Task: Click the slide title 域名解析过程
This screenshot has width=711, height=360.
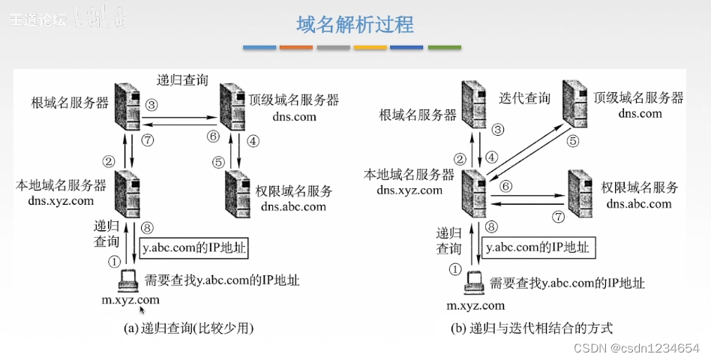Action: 355,24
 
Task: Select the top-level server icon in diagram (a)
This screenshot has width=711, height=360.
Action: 230,103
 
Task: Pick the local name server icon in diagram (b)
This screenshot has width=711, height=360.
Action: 474,190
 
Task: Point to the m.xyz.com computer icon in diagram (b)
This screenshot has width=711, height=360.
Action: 472,281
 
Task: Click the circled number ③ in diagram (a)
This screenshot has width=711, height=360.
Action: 152,104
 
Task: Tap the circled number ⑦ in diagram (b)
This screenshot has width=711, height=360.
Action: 556,217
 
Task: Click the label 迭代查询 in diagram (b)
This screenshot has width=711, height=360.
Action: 524,97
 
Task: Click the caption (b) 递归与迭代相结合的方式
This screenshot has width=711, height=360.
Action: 532,328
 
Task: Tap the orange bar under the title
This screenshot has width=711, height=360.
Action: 296,48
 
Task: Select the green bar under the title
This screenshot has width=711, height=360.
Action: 444,48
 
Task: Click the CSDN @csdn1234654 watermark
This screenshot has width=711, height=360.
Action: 637,348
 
